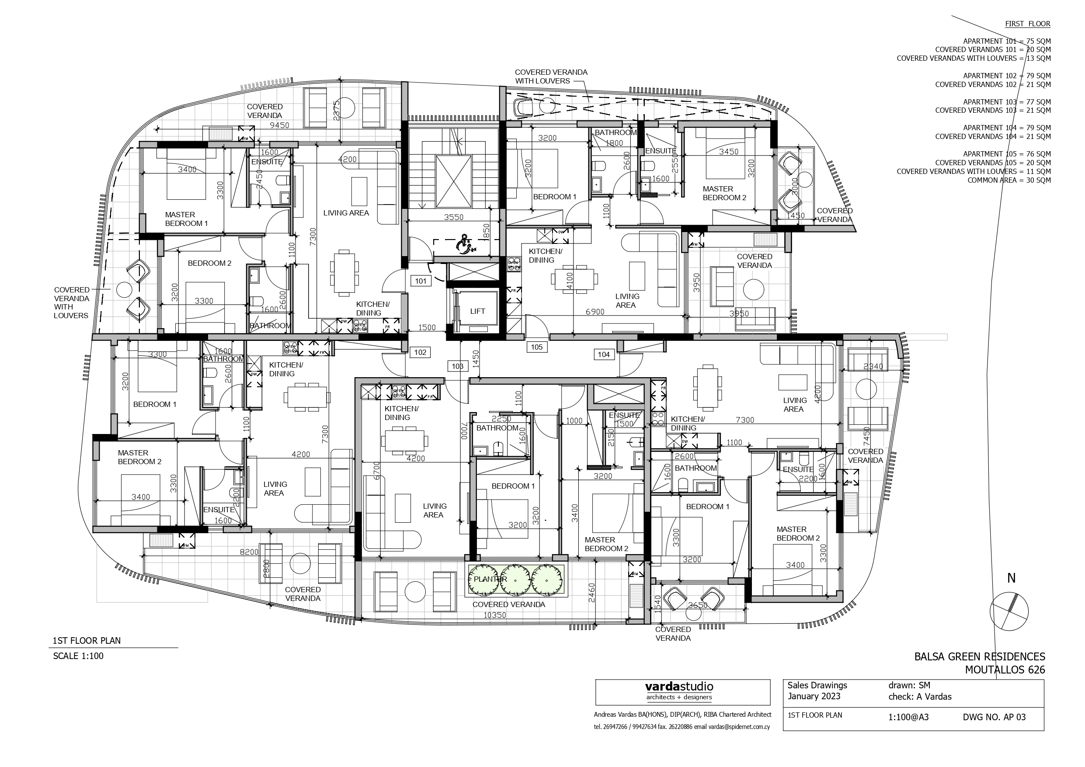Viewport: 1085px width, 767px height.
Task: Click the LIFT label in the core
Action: point(477,312)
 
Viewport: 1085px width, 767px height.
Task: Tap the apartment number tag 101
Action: point(421,281)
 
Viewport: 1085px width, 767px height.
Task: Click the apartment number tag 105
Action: point(536,347)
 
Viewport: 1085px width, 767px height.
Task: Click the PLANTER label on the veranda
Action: point(490,579)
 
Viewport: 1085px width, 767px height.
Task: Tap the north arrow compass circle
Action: point(1009,611)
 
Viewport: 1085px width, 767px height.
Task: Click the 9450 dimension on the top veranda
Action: point(279,125)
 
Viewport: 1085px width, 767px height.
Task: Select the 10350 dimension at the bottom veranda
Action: point(495,615)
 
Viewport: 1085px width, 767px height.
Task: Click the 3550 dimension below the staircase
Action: point(453,217)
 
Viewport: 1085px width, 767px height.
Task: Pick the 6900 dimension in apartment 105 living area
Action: point(595,312)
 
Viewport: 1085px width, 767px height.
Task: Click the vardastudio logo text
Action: point(679,687)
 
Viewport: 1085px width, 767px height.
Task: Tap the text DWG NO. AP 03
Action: point(994,717)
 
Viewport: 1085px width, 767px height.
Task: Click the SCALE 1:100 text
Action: point(78,656)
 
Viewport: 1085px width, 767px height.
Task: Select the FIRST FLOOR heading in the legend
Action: point(1027,24)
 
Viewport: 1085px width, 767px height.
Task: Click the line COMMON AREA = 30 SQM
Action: point(1009,180)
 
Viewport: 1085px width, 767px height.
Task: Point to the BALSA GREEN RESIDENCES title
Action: point(979,656)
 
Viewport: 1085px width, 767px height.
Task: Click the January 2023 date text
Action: point(814,696)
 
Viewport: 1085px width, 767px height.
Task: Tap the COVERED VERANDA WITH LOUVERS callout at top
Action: point(550,76)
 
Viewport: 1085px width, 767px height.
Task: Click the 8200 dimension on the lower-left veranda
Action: point(249,552)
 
